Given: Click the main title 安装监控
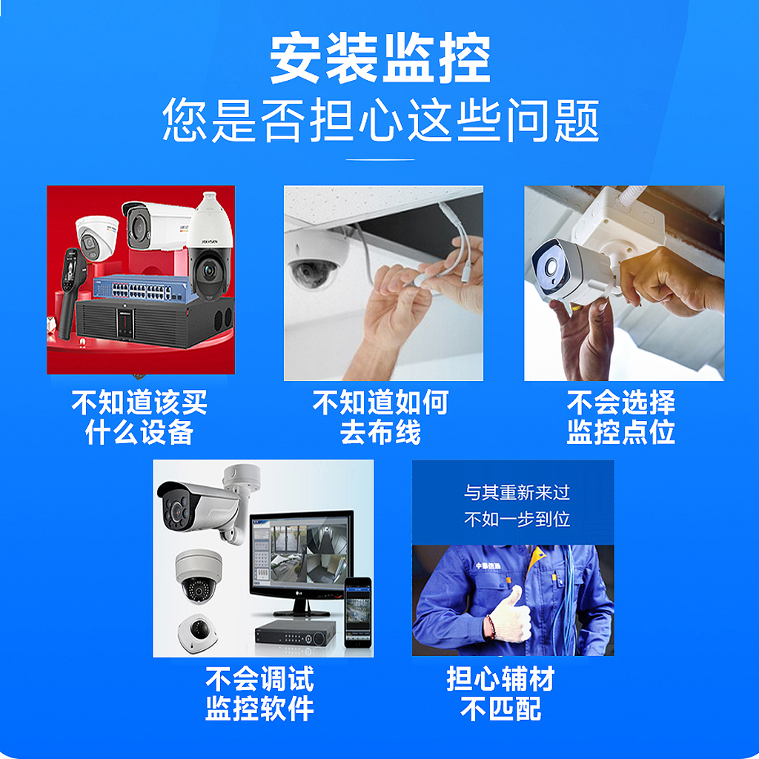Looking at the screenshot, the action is tap(380, 58).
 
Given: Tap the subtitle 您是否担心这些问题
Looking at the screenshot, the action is tap(381, 119).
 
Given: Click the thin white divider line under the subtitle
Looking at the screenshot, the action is tap(380, 159).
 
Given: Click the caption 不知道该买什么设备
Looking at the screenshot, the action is tap(139, 417).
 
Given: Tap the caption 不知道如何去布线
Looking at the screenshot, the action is tap(380, 417).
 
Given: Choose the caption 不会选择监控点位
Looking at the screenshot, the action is tap(621, 417).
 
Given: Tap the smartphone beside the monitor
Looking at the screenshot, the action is tap(358, 613).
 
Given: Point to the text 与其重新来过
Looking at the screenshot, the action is tap(517, 493).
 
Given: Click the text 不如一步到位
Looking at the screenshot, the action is tap(517, 520).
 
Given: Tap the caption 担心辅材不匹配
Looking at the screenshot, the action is tap(500, 694).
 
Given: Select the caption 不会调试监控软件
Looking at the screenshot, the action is tap(260, 694).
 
